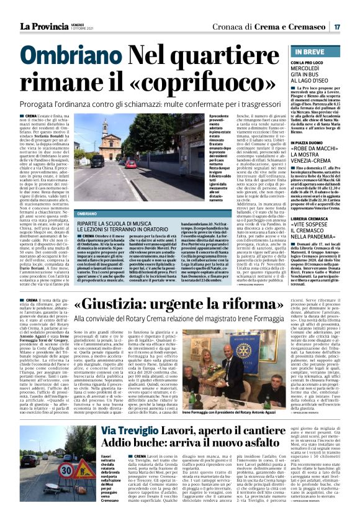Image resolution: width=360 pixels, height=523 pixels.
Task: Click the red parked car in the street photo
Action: click(x=130, y=164)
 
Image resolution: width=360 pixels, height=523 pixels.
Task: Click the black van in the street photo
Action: click(x=97, y=160)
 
